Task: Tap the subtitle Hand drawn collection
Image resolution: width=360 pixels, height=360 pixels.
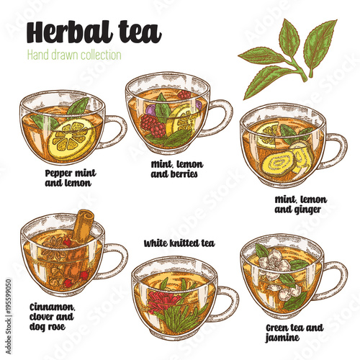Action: pyautogui.click(x=74, y=55)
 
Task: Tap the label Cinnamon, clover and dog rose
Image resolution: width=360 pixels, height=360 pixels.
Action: pyautogui.click(x=52, y=318)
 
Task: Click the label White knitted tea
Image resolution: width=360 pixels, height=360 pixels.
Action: pyautogui.click(x=179, y=243)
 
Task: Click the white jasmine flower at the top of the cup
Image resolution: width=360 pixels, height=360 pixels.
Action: pyautogui.click(x=274, y=261)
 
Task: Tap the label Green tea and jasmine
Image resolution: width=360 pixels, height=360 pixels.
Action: pyautogui.click(x=294, y=333)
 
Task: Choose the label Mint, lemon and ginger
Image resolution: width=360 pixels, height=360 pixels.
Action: pyautogui.click(x=300, y=204)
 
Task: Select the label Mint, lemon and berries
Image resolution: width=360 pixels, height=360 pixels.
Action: pyautogui.click(x=177, y=169)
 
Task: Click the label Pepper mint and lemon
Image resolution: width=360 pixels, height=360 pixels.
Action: pyautogui.click(x=71, y=178)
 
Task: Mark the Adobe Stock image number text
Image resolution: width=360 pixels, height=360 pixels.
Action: pyautogui.click(x=9, y=316)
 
